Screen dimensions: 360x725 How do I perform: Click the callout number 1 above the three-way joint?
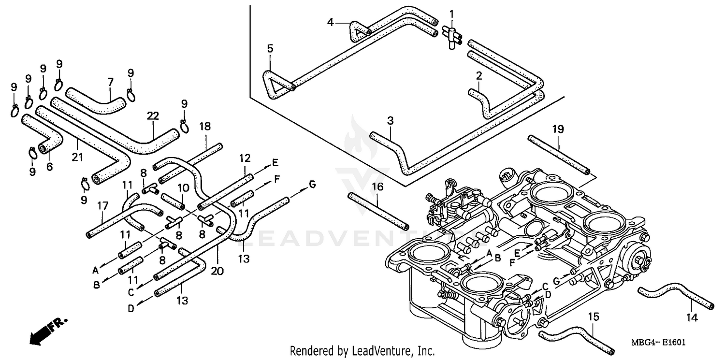[x=452, y=14]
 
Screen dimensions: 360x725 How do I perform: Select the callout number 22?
[x=153, y=116]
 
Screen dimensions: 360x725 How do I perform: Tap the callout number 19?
[x=558, y=129]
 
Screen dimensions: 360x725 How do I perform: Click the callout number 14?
[x=692, y=317]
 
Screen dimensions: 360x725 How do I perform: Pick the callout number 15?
[x=593, y=317]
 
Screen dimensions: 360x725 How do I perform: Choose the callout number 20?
[x=217, y=272]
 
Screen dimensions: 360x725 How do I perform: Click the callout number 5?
[x=270, y=48]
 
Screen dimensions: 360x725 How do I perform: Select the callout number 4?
[x=331, y=22]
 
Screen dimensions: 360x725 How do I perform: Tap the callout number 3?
[x=390, y=120]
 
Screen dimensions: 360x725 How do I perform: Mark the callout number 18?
[x=205, y=127]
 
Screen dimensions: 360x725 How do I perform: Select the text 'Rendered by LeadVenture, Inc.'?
[x=362, y=350]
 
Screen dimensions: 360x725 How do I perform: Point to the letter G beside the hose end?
[x=312, y=184]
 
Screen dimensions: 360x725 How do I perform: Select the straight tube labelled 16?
[x=378, y=211]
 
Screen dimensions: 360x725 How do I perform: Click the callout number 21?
[x=78, y=157]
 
